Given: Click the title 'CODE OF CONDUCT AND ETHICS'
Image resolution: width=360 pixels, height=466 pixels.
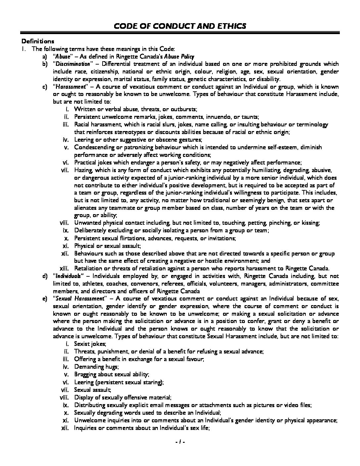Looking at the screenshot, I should [x=180, y=26].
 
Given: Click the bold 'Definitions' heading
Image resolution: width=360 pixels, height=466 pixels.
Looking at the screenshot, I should [x=38, y=41].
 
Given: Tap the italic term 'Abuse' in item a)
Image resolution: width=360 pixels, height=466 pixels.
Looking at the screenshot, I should [x=63, y=57].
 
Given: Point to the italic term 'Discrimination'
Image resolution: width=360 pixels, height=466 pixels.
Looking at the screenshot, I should [x=72, y=64].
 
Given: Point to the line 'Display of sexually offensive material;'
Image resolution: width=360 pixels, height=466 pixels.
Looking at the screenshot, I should [x=123, y=397].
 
